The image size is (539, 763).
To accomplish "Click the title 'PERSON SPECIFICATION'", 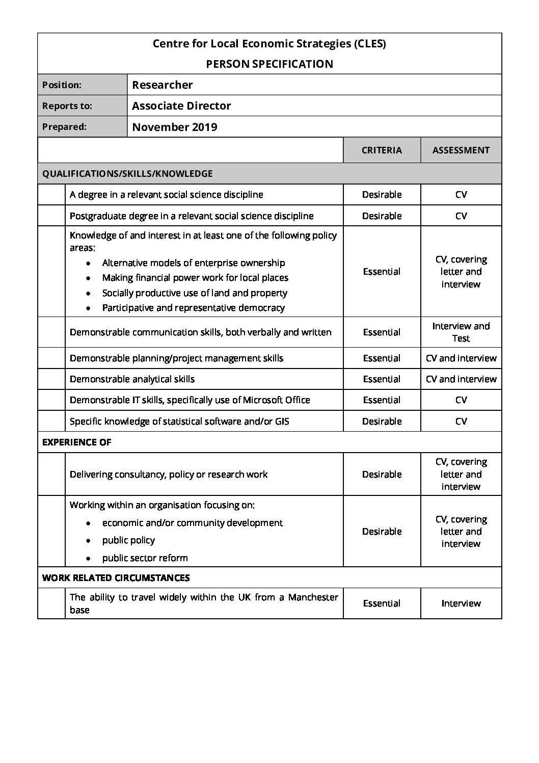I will (269, 64).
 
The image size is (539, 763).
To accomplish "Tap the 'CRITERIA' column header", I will (382, 150).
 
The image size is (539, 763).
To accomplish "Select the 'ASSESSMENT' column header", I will (461, 150).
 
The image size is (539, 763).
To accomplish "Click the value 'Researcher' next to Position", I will (163, 85).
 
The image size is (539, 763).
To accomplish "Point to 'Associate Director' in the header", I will (181, 106).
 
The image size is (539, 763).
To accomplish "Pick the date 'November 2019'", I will (175, 127).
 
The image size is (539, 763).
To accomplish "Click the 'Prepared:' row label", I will (64, 127).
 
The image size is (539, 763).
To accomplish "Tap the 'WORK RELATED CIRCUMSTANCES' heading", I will (116, 578).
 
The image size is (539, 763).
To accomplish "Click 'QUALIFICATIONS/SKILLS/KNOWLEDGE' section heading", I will (127, 174).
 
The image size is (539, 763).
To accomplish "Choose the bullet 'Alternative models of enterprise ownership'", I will (194, 263).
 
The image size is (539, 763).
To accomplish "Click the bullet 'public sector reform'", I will (145, 558).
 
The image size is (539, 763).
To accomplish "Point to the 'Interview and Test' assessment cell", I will (461, 332).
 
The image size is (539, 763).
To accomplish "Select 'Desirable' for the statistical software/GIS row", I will (382, 422).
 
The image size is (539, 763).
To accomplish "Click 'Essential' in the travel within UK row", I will (382, 603).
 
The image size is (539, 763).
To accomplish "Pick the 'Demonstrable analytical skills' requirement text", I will (132, 379).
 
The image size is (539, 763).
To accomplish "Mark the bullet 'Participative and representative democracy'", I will (193, 308).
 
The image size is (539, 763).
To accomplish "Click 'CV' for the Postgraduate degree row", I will (461, 216).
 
